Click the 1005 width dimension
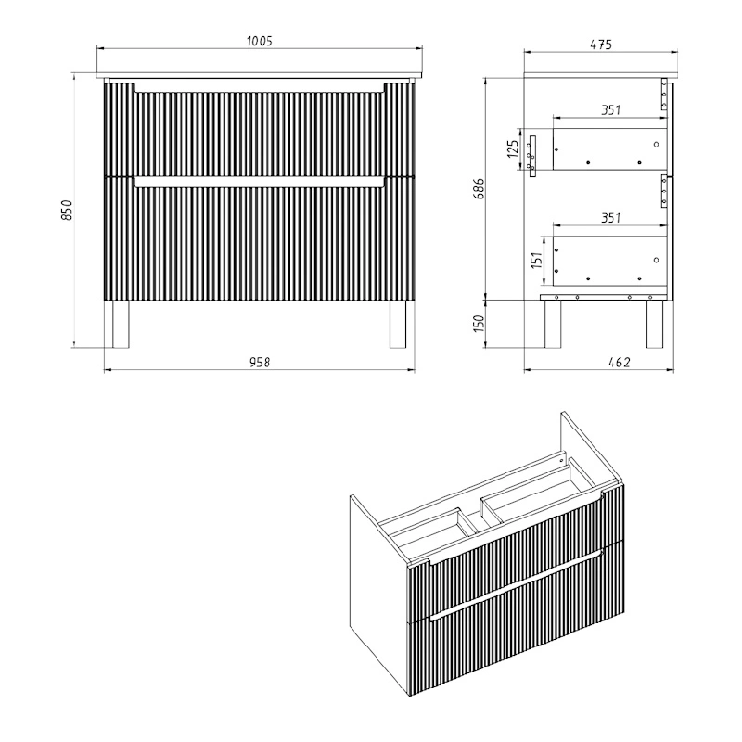260,41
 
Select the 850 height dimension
67,210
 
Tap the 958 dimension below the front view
260,362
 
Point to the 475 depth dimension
601,45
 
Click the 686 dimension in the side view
479,188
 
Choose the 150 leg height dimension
479,323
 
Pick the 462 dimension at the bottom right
620,362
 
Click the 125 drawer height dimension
513,148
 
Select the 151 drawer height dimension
536,261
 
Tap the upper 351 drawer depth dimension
610,109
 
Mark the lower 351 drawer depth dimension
610,218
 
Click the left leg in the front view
121,324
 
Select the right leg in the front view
398,324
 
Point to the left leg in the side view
553,324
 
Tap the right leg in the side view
655,324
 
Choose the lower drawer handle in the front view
260,183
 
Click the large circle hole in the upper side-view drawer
656,145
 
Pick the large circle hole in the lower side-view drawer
656,260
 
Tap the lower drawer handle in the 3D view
517,584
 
